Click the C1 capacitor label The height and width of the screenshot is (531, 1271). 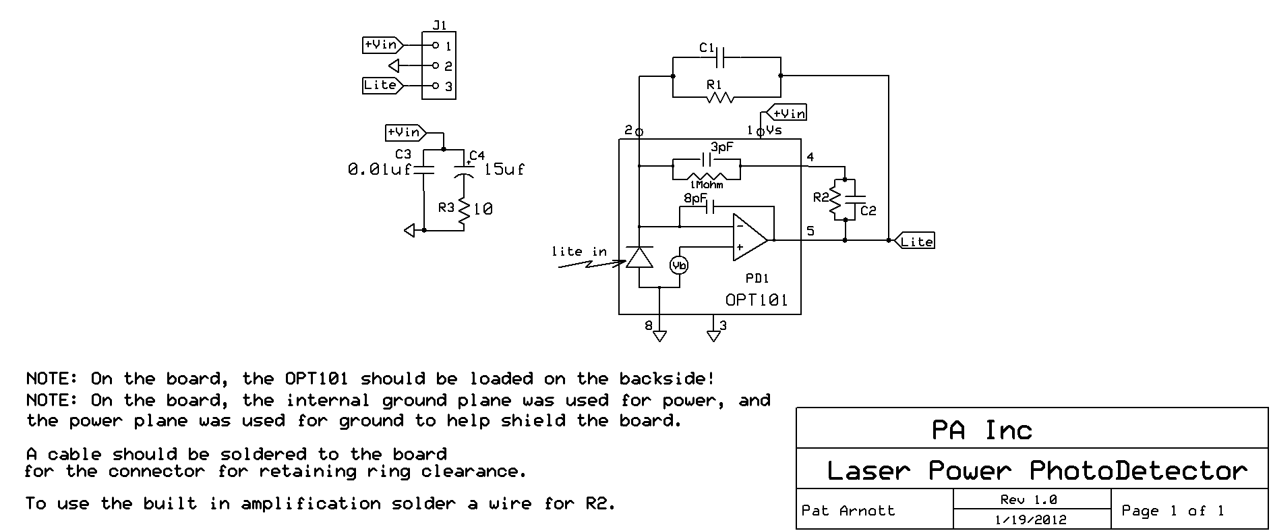(707, 47)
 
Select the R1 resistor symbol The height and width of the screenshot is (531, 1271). (719, 98)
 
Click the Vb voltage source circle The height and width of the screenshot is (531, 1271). (679, 266)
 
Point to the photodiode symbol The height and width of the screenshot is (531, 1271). (639, 256)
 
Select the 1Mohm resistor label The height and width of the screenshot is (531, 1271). (706, 184)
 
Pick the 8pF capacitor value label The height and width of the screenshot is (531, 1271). (696, 198)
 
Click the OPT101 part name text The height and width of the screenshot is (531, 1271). (756, 300)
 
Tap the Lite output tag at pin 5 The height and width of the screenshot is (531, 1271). (916, 241)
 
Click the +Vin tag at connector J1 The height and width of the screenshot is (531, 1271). (381, 45)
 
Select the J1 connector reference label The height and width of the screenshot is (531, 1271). (439, 26)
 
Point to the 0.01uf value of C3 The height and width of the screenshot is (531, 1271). (379, 169)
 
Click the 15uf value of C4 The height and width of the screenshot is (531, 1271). (504, 169)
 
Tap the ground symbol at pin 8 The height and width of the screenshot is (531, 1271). (659, 335)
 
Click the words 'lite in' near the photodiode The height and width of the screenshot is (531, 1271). (579, 252)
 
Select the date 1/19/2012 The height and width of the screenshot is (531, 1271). (1031, 520)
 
